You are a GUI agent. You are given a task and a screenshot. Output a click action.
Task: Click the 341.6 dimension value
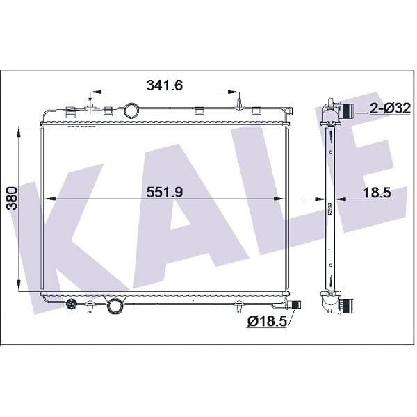[164, 85]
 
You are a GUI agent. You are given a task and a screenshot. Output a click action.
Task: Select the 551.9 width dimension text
[164, 193]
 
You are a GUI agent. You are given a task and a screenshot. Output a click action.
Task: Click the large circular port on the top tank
[131, 110]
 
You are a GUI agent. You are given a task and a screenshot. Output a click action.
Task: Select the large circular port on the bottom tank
[113, 304]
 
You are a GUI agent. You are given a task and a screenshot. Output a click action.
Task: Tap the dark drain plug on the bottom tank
[71, 304]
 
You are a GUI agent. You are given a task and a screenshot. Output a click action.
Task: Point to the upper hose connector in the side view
[345, 110]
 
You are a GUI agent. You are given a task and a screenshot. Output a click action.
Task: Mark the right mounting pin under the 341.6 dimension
[239, 104]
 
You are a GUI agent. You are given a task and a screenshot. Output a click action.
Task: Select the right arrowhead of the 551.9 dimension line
[283, 198]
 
